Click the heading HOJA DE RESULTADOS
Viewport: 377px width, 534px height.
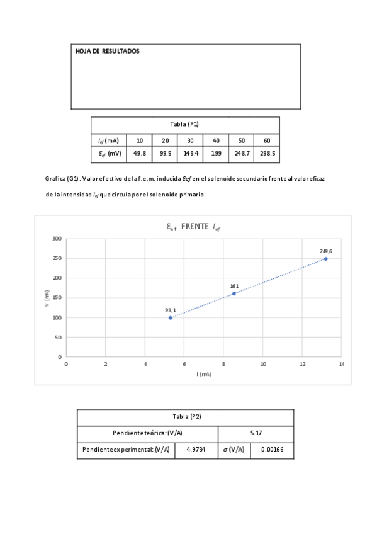point(107,51)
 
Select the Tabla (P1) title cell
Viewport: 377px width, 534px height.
point(185,124)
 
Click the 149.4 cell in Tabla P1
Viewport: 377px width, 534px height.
point(190,153)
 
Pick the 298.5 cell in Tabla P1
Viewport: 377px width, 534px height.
point(267,153)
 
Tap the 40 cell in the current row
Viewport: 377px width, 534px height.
point(216,140)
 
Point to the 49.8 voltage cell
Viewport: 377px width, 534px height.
point(140,153)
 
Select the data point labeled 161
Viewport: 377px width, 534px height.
point(234,293)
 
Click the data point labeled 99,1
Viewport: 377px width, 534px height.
point(170,317)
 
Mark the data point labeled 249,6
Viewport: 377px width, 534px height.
point(325,259)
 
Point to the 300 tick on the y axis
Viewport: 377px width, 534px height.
point(57,239)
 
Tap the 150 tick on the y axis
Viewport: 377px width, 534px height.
point(57,298)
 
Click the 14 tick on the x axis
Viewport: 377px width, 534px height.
point(342,364)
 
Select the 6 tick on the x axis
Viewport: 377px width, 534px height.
point(184,364)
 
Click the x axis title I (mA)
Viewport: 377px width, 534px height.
point(203,374)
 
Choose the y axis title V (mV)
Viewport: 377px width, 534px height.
point(47,298)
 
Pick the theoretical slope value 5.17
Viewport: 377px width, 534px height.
point(256,434)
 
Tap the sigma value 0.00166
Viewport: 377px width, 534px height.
point(272,450)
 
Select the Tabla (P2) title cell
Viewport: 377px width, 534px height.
point(185,417)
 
